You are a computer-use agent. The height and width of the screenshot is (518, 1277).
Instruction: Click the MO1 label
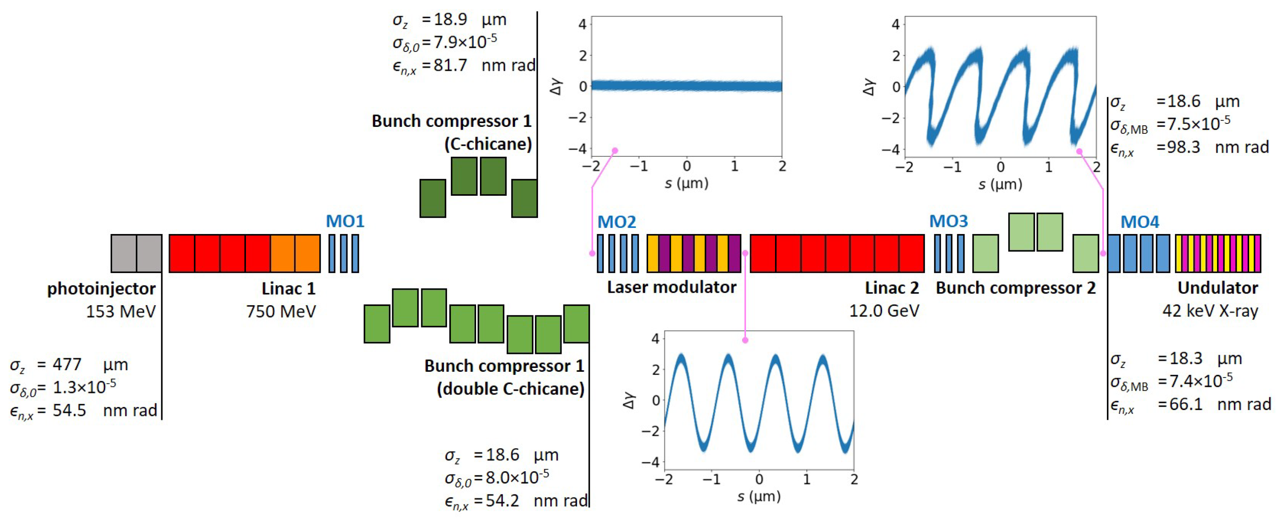(x=345, y=221)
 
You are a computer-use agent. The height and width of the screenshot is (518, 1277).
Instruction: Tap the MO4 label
(x=1140, y=222)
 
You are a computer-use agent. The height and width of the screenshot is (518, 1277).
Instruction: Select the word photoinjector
(x=101, y=289)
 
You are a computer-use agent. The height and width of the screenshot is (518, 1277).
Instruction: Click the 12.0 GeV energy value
(x=884, y=311)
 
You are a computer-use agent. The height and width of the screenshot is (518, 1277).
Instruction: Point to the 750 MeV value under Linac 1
(x=281, y=311)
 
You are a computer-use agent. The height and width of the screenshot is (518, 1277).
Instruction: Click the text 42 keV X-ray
(x=1210, y=311)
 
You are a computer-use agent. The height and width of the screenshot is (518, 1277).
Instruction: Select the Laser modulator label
(x=672, y=287)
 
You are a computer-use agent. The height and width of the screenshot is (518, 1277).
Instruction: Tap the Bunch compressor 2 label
(x=1015, y=288)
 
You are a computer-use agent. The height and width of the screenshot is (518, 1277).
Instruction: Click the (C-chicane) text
(x=488, y=144)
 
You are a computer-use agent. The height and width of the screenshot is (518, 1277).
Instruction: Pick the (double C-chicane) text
(x=510, y=389)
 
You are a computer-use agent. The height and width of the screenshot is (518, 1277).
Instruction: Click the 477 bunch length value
(x=67, y=364)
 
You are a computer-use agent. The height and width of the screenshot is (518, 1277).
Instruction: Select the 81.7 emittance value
(x=450, y=65)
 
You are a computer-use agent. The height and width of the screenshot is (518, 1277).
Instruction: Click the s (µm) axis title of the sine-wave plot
(x=758, y=496)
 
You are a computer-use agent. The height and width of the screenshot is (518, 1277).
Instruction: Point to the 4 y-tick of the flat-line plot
(x=582, y=24)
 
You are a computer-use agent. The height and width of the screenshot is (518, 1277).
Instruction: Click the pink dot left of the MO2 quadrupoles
(x=592, y=253)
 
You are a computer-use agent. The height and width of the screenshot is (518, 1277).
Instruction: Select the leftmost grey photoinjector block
(x=123, y=253)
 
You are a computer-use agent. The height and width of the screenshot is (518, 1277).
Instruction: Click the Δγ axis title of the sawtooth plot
(x=869, y=87)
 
